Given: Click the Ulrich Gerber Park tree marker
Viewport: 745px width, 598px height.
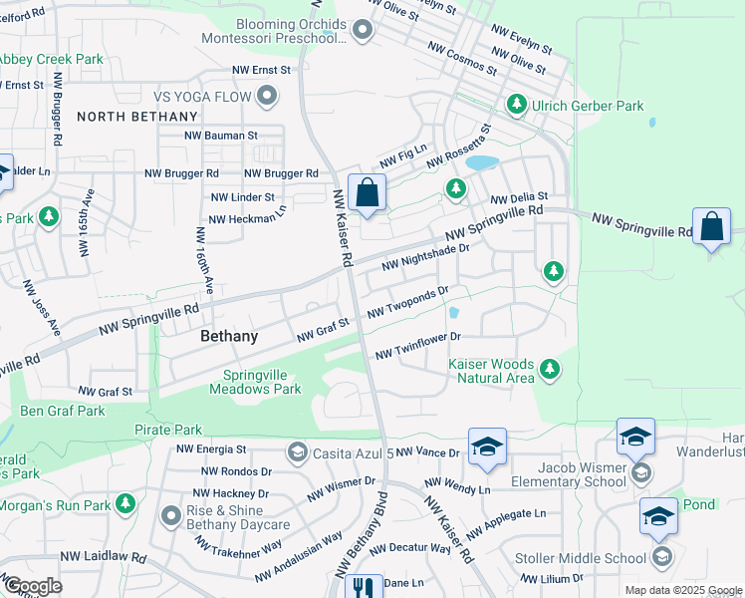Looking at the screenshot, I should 517,104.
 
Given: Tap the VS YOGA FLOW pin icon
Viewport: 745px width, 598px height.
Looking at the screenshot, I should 266,97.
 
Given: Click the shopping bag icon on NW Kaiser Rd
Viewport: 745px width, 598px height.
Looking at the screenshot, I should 367,192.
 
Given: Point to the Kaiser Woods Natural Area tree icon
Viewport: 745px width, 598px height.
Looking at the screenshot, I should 549,372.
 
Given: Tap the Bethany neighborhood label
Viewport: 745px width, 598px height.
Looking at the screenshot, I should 229,336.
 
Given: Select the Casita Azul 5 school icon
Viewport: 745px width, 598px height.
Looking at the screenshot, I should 296,453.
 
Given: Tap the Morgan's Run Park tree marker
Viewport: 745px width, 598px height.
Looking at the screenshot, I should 124,504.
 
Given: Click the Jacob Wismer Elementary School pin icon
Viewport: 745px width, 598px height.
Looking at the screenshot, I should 640,472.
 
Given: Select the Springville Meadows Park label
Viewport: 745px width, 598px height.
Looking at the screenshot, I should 255,382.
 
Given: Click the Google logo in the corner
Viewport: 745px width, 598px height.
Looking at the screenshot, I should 32,586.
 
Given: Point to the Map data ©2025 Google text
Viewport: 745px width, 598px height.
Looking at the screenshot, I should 683,590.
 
